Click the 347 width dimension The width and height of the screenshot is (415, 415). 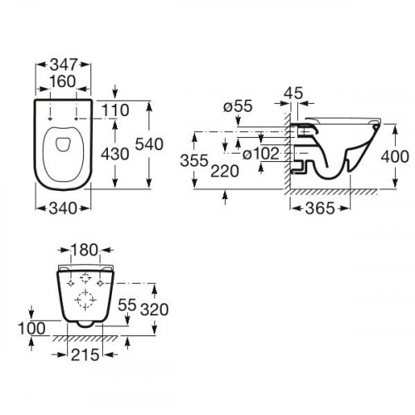(x=63, y=64)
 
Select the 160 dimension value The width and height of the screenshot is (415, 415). (x=63, y=82)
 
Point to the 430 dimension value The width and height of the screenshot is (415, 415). (x=116, y=154)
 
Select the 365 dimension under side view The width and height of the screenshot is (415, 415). (x=319, y=208)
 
